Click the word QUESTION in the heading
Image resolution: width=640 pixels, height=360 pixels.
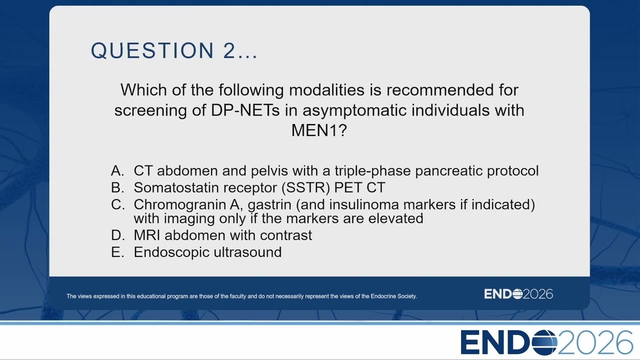tap(152, 50)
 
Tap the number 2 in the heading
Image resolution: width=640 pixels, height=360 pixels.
tap(228, 50)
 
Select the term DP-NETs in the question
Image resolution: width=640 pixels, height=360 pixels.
tap(245, 110)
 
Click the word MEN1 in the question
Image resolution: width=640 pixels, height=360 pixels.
tap(314, 130)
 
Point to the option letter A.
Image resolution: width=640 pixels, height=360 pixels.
tap(117, 170)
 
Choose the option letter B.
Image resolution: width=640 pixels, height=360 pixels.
tap(117, 187)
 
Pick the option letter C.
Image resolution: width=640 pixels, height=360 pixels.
tap(117, 204)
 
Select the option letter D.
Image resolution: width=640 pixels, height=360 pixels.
tap(117, 235)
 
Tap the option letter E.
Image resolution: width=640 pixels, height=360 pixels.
tap(117, 252)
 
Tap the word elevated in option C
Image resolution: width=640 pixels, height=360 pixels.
tap(395, 218)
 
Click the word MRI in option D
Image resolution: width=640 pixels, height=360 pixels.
tap(147, 235)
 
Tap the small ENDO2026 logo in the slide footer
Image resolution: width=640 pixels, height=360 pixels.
tap(518, 294)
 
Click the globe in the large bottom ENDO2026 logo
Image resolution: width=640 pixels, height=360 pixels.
tap(544, 342)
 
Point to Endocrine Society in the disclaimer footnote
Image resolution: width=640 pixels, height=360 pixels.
tap(393, 296)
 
